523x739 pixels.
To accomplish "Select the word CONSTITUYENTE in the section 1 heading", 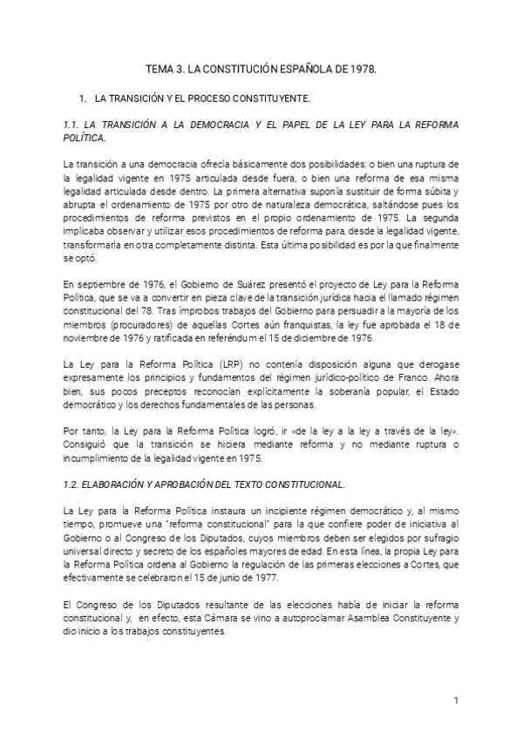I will pos(272,99).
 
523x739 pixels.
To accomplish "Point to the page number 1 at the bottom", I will pos(456,700).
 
